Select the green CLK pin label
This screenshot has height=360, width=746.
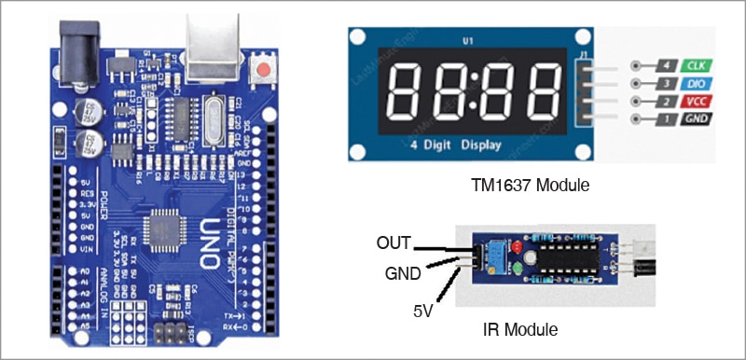click(x=694, y=66)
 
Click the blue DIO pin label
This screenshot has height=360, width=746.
click(x=694, y=84)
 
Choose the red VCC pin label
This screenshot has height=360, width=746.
click(x=694, y=101)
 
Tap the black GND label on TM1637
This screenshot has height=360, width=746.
click(x=694, y=118)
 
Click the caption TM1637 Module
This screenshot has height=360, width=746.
click(x=531, y=186)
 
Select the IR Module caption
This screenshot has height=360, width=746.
click(x=521, y=329)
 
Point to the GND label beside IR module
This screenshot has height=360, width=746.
click(x=402, y=275)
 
